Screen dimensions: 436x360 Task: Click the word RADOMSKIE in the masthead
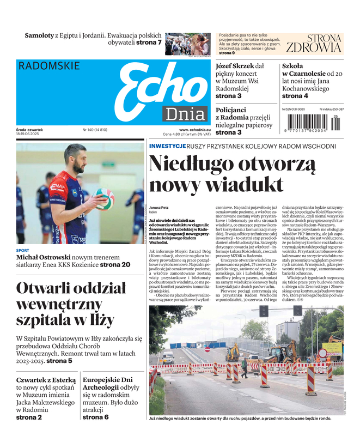49,66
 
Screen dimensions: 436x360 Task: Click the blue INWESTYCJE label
167,147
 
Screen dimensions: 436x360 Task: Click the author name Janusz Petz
159,208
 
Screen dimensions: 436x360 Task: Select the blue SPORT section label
23,251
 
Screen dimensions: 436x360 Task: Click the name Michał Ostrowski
48,257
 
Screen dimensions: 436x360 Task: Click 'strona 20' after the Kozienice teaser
115,265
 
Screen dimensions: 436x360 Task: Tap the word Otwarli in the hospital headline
50,289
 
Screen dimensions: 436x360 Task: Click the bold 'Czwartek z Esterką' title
46,380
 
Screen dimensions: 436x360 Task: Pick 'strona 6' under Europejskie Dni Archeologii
96,417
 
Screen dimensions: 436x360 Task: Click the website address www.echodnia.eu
194,130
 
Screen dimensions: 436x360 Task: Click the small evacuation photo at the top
187,44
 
